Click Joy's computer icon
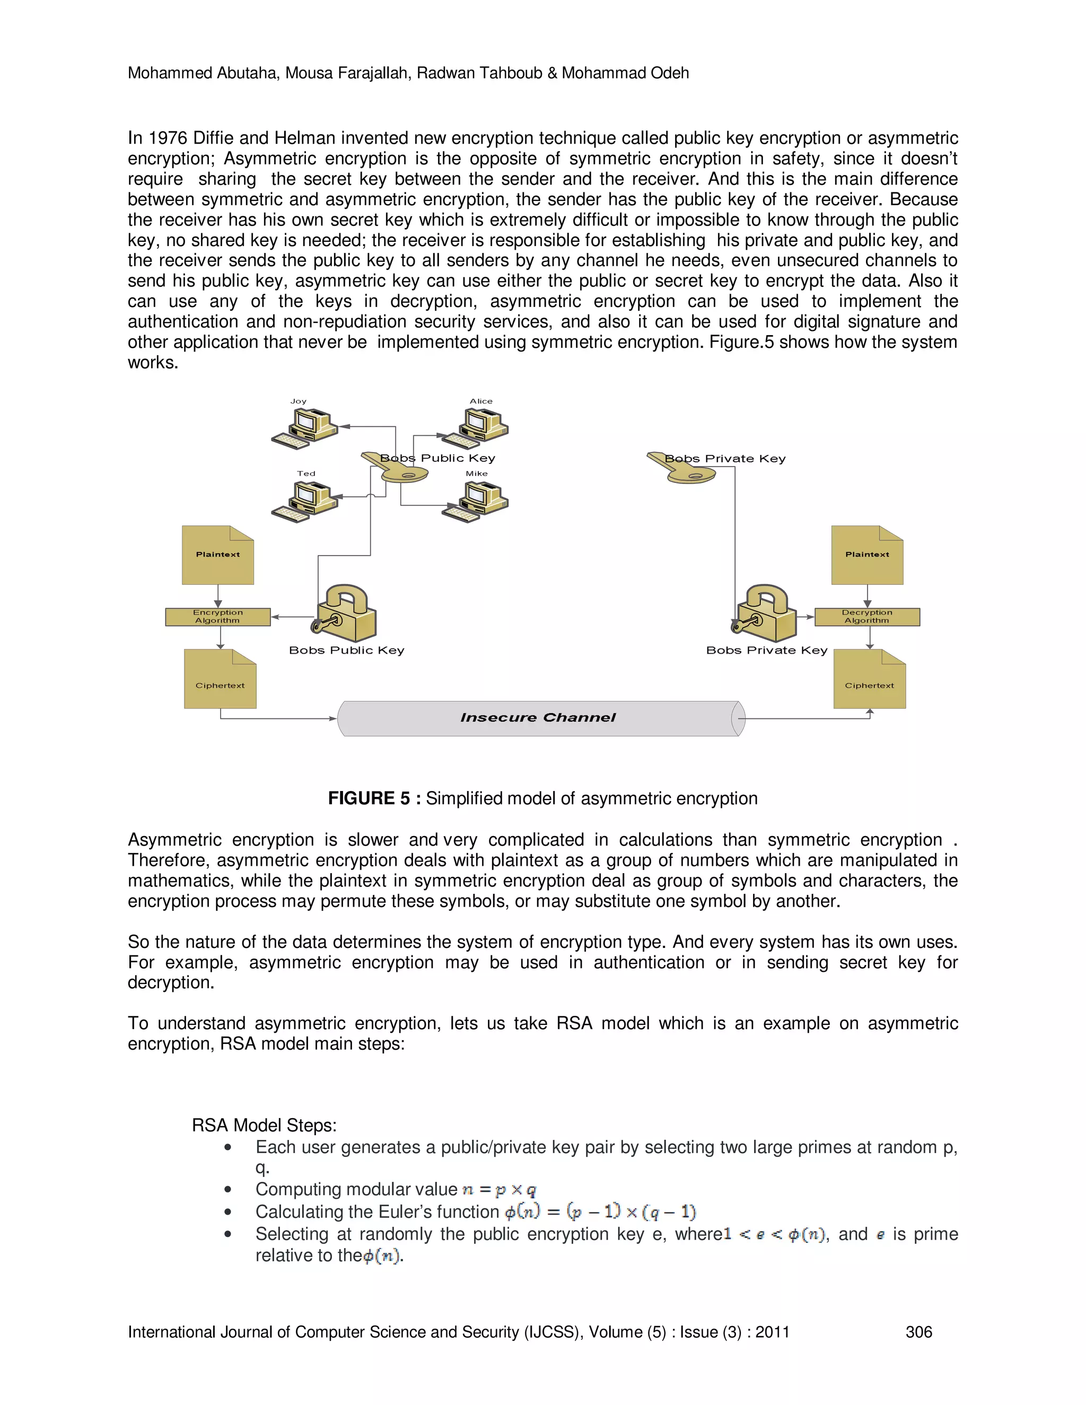pyautogui.click(x=304, y=428)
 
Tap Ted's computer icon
pyautogui.click(x=305, y=501)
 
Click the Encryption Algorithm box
pyautogui.click(x=217, y=616)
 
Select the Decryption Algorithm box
pyautogui.click(x=866, y=616)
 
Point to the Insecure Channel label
pyautogui.click(x=538, y=718)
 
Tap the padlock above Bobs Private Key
pyautogui.click(x=765, y=612)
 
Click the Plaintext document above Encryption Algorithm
pyautogui.click(x=217, y=555)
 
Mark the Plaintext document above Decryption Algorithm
pyautogui.click(x=866, y=555)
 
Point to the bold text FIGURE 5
pyautogui.click(x=369, y=798)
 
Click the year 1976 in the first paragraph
pyautogui.click(x=168, y=138)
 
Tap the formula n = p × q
pyautogui.click(x=499, y=1190)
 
